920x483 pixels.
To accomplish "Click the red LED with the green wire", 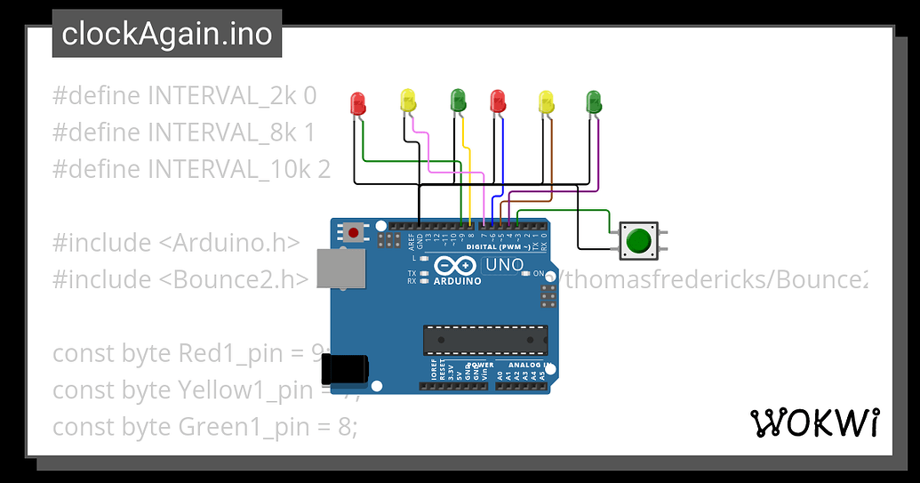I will [x=358, y=102].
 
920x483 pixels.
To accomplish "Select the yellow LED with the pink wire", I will [x=408, y=101].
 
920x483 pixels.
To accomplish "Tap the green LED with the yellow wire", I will [x=457, y=101].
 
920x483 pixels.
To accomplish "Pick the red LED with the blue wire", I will [x=498, y=101].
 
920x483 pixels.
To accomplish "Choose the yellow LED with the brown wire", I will [x=546, y=101].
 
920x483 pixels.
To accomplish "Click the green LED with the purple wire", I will [x=594, y=101].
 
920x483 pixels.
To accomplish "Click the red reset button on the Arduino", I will [x=354, y=233].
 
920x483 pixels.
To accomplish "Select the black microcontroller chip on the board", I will [x=484, y=339].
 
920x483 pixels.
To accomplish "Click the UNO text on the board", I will [x=503, y=265].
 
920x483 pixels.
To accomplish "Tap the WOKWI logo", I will [x=815, y=423].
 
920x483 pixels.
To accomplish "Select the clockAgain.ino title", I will [x=167, y=34].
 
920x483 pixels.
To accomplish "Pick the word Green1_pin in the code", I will [x=237, y=427].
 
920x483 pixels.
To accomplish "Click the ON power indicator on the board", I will [x=538, y=274].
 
